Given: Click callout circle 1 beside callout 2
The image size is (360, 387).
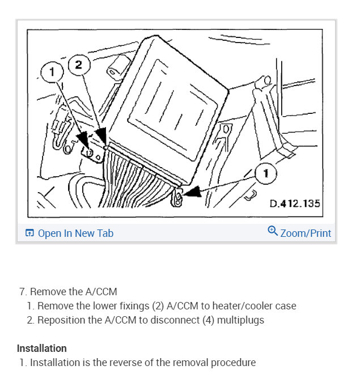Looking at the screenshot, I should pyautogui.click(x=53, y=72).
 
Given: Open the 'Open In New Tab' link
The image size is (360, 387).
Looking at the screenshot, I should pyautogui.click(x=75, y=233).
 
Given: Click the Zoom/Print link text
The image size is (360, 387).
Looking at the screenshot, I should pyautogui.click(x=306, y=233).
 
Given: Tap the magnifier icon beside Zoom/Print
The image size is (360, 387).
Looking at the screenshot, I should pyautogui.click(x=273, y=231).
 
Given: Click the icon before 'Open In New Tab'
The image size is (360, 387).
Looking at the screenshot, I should pyautogui.click(x=29, y=233).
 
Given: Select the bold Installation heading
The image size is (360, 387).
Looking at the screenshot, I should pyautogui.click(x=42, y=348).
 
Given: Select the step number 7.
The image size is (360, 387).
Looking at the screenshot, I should pyautogui.click(x=22, y=292).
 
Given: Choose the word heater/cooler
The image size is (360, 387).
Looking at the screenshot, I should pyautogui.click(x=245, y=306).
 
